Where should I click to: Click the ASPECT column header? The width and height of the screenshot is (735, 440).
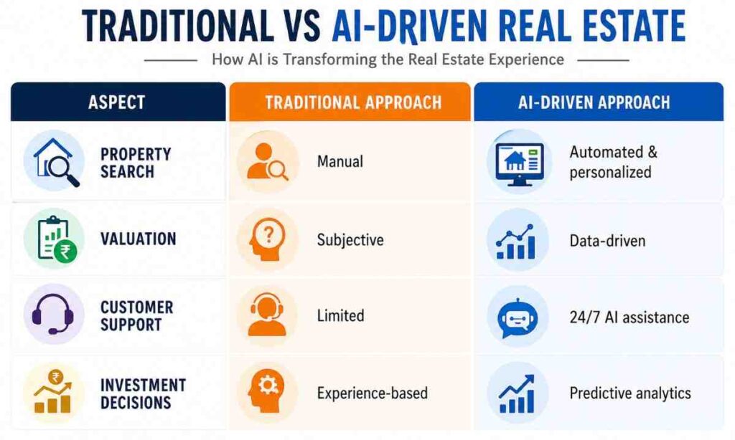point(118,102)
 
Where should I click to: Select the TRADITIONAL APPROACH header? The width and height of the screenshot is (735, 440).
point(352,102)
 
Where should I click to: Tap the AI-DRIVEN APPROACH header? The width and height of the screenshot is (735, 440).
point(594,102)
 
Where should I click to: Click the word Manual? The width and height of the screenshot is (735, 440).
point(340,162)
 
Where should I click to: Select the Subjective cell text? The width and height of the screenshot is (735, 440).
point(350,240)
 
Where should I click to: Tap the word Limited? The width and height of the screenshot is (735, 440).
point(341,316)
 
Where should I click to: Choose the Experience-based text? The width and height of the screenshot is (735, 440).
point(373,393)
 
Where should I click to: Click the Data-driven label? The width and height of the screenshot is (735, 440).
point(607,240)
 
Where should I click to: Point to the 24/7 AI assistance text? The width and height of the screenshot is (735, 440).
point(629,317)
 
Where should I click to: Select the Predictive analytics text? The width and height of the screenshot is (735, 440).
point(630,393)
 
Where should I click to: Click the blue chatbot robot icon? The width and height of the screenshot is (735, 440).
point(518,316)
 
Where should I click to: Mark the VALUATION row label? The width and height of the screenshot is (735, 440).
point(138,239)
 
